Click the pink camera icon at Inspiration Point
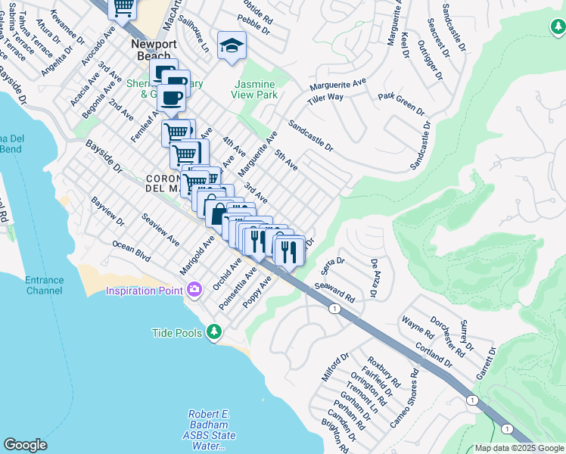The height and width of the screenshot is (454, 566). tap(195, 289)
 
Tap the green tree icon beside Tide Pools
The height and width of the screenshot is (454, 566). tap(215, 332)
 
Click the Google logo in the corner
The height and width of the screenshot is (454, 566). tap(25, 445)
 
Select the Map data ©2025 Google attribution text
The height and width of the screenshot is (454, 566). tap(518, 448)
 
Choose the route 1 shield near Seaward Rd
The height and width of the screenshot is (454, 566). tap(334, 308)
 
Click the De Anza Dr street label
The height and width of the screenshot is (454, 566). tap(374, 278)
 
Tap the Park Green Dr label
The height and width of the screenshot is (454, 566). tap(401, 104)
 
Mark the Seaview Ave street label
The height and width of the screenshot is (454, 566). tap(160, 229)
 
